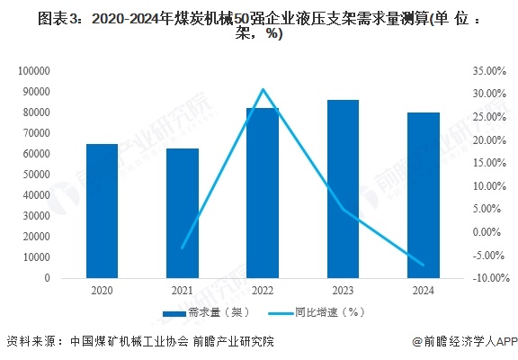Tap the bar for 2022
click(263, 193)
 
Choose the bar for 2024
click(423, 195)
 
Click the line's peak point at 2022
click(263, 89)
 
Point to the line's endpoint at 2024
click(423, 265)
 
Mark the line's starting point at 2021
click(183, 247)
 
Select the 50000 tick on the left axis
click(33, 175)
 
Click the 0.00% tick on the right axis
click(490, 232)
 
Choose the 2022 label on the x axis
click(263, 291)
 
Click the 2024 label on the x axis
click(423, 291)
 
